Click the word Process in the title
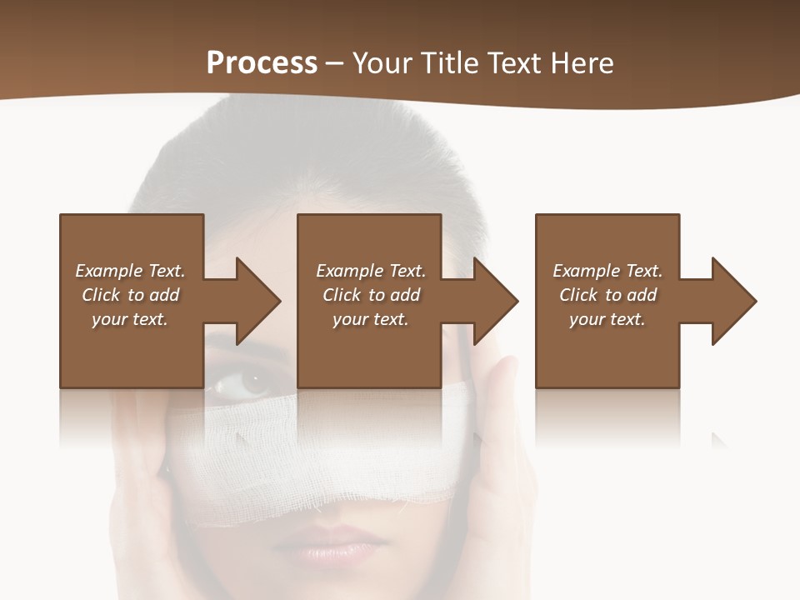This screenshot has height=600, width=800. [x=262, y=62]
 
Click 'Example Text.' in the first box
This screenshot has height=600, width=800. [x=130, y=271]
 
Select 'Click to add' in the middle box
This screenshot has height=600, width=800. [x=371, y=295]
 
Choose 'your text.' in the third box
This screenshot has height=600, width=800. [x=607, y=319]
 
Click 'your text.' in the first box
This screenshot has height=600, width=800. [x=130, y=319]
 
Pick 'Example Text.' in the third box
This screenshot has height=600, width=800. [x=607, y=271]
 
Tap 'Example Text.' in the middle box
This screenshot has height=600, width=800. [x=371, y=271]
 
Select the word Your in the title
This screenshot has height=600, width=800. [x=382, y=62]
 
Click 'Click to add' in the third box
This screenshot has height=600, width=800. [x=607, y=295]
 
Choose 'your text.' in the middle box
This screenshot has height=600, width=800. [x=371, y=319]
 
